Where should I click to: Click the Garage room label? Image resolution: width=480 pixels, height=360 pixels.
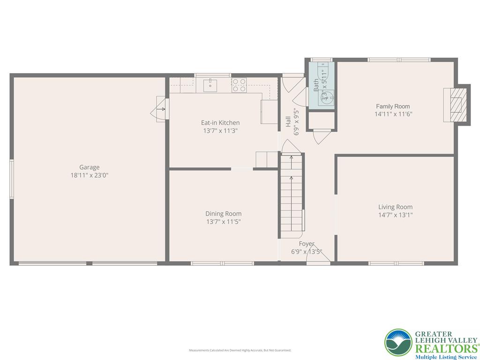(89, 167)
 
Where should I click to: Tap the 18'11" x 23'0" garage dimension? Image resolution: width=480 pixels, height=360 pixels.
(89, 175)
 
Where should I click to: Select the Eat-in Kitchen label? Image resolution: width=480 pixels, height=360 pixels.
(220, 123)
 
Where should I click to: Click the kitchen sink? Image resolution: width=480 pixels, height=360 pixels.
(210, 85)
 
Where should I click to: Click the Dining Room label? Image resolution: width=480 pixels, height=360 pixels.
(224, 214)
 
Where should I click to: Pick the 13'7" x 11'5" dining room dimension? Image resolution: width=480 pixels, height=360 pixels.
(224, 222)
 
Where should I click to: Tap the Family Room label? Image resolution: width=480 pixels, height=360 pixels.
(393, 106)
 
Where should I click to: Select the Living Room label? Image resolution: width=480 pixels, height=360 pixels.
(395, 207)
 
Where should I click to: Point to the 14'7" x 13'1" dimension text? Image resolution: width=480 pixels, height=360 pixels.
(395, 215)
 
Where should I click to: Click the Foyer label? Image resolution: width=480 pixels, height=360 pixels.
(307, 244)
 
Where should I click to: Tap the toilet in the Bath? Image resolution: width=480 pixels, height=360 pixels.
(322, 75)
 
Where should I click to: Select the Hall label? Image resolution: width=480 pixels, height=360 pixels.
(288, 122)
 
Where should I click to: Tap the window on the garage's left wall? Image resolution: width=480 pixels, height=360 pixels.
(12, 179)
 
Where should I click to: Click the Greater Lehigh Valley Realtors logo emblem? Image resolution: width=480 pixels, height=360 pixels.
(398, 342)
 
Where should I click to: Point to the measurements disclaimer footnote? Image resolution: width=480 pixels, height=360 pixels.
(240, 350)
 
